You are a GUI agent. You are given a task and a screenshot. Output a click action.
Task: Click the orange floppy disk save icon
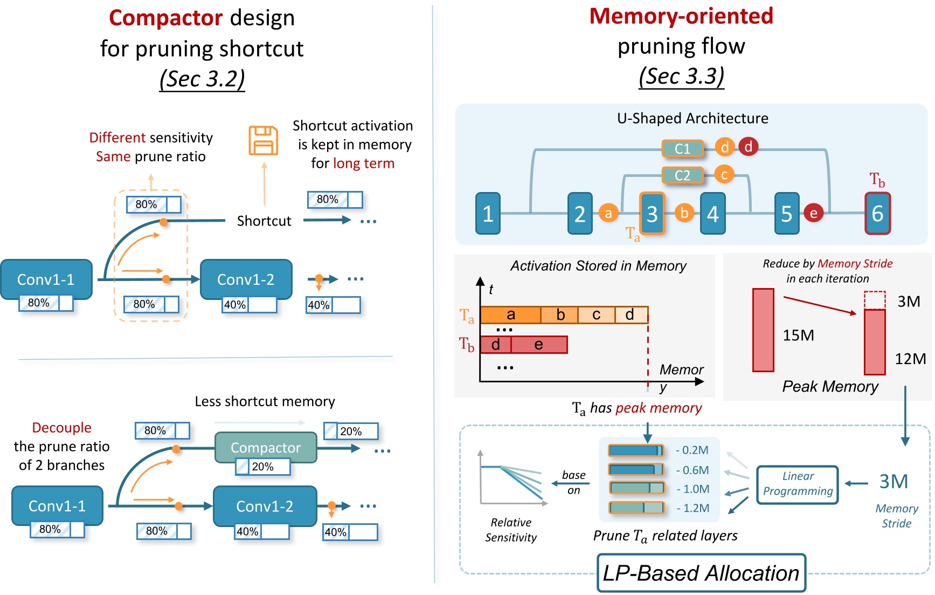pyautogui.click(x=263, y=141)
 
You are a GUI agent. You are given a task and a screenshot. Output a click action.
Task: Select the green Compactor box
pyautogui.click(x=266, y=447)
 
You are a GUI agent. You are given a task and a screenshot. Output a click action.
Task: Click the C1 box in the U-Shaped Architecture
pyautogui.click(x=683, y=148)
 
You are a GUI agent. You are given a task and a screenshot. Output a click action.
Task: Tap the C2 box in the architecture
pyautogui.click(x=683, y=175)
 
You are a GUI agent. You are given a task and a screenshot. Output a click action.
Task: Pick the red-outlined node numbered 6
pyautogui.click(x=877, y=214)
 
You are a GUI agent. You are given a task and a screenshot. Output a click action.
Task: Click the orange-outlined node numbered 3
pyautogui.click(x=652, y=214)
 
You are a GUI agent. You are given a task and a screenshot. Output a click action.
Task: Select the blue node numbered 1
pyautogui.click(x=488, y=214)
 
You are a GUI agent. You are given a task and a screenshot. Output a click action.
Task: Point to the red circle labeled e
pyautogui.click(x=813, y=213)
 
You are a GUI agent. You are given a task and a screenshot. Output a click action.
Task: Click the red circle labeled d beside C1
pyautogui.click(x=748, y=147)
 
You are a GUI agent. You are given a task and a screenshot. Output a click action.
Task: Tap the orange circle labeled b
pyautogui.click(x=684, y=213)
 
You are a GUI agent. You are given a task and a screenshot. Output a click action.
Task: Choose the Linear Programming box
pyautogui.click(x=798, y=484)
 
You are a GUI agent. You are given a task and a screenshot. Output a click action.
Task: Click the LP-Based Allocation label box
pyautogui.click(x=701, y=573)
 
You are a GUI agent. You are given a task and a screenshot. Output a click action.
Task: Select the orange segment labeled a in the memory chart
pyautogui.click(x=510, y=314)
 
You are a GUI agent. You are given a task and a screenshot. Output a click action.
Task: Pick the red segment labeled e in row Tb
pyautogui.click(x=538, y=345)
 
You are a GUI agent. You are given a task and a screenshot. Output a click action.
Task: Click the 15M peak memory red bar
pyautogui.click(x=763, y=330)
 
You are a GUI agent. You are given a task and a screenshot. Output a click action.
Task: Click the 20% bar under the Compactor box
pyautogui.click(x=263, y=467)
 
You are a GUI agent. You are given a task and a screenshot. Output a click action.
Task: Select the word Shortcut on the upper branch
pyautogui.click(x=264, y=221)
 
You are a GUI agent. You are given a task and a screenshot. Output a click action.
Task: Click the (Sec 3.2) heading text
pyautogui.click(x=202, y=79)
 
